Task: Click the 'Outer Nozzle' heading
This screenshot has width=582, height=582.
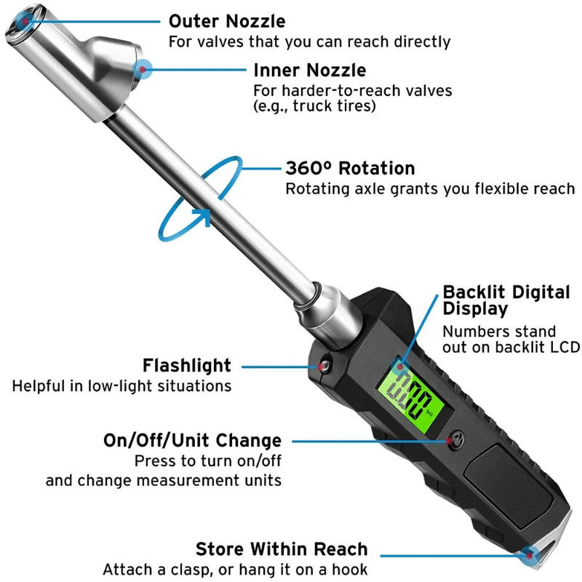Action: coord(227,21)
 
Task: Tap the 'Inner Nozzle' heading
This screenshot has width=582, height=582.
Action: coord(309,71)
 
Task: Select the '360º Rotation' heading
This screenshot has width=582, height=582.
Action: coord(349,169)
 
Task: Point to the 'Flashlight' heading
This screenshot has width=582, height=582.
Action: coord(187,365)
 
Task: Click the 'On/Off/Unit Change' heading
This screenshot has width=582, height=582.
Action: coord(192,440)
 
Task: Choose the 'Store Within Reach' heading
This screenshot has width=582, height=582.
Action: coord(282,549)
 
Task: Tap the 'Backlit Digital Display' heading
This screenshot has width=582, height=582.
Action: coord(506,300)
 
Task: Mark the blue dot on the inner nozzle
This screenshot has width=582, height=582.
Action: coord(145,70)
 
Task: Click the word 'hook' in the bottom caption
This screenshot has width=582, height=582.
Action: coord(351,568)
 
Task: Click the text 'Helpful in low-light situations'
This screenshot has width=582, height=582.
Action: coord(121,386)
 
